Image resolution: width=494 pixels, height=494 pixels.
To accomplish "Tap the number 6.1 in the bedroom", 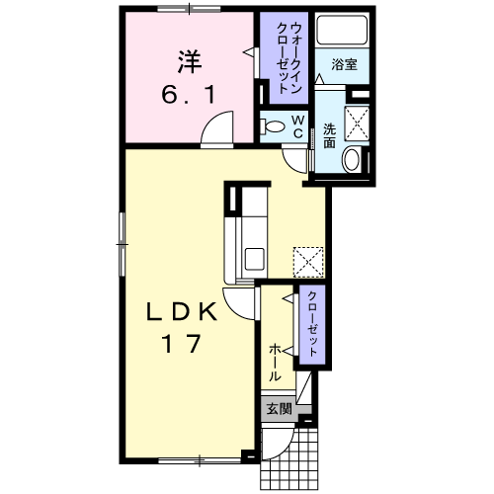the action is coord(189,94).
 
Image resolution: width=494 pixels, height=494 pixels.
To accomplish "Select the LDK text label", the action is coord(182,312).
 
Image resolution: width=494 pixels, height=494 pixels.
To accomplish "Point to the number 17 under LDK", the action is coord(182,344).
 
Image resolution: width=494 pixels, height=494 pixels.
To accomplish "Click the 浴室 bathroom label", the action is coord(344,64).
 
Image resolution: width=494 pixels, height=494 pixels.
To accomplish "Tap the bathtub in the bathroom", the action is coord(342,29).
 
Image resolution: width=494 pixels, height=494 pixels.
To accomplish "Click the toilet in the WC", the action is coord(272,126).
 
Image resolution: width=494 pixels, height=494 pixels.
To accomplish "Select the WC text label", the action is coord(298,126).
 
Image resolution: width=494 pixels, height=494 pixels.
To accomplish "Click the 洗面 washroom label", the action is coord(329,135).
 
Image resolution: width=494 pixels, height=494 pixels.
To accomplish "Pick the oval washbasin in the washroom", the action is coord(352,160).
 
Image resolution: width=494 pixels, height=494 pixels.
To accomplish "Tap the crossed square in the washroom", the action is coord(357,123).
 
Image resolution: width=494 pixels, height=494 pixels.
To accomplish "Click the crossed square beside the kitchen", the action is coord(308,262).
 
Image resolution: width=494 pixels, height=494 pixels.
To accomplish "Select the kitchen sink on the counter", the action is coord(254,259).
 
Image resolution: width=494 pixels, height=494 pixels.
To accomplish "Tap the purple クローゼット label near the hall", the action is coord(312,324).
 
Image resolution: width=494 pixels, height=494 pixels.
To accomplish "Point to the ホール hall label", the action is coord(275,363).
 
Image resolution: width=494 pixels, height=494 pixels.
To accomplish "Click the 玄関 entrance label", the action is coord(279,409).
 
